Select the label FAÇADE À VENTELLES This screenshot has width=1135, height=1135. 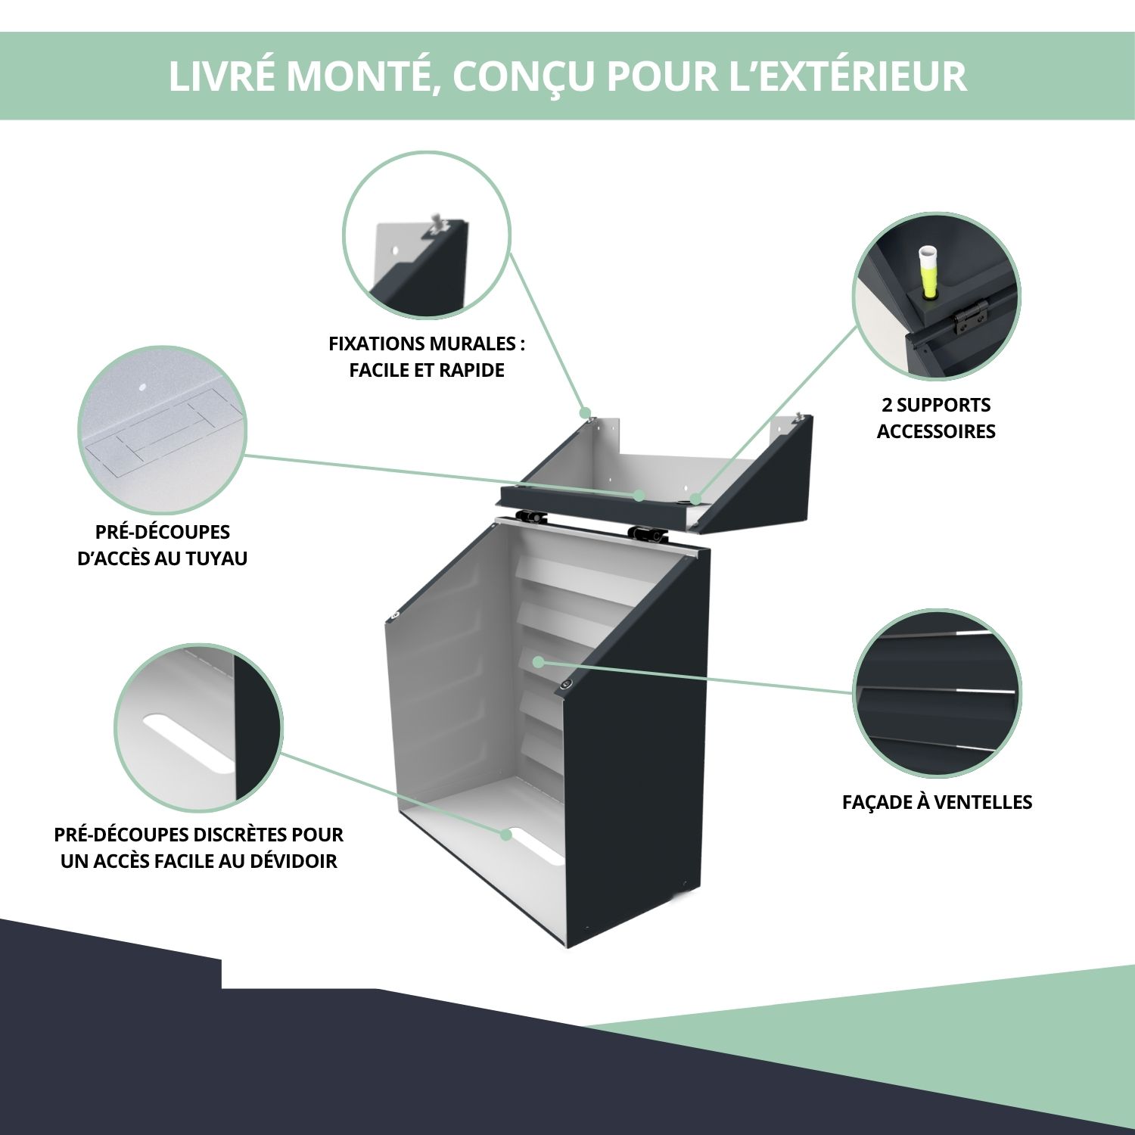(937, 802)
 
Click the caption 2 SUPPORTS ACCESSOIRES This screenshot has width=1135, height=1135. (936, 418)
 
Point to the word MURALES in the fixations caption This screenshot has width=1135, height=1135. (473, 344)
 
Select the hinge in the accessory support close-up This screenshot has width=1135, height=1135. (971, 318)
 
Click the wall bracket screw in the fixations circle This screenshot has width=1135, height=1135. (437, 222)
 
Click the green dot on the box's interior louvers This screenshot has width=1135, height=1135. (538, 662)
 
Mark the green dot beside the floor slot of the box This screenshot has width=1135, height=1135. (506, 834)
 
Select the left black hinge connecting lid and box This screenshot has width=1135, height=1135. (532, 517)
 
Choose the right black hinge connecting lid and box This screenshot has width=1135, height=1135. (648, 533)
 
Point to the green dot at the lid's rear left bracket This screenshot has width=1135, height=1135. (585, 413)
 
